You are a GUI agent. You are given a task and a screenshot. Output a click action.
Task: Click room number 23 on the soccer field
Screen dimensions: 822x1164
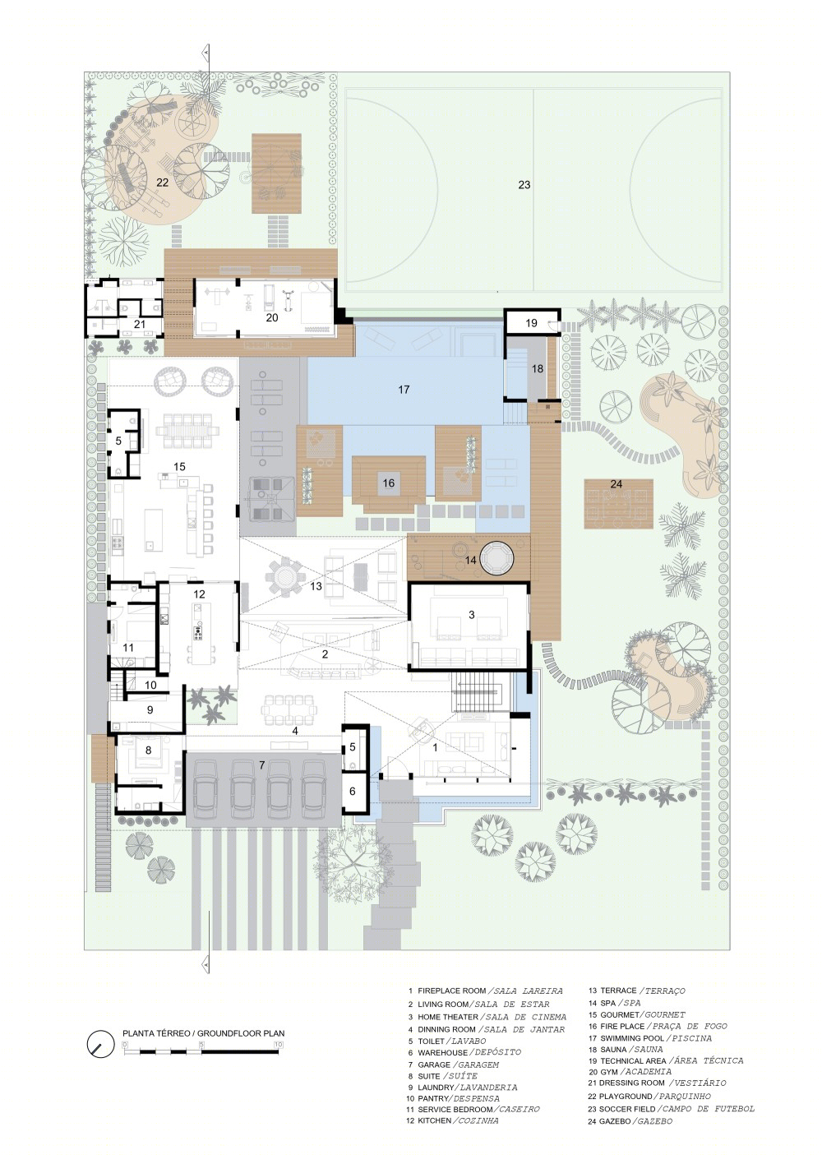pyautogui.click(x=524, y=184)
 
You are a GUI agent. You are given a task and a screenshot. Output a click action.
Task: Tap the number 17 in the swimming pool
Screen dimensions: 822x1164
pyautogui.click(x=404, y=389)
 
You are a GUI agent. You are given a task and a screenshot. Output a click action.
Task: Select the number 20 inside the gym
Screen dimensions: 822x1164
pyautogui.click(x=272, y=317)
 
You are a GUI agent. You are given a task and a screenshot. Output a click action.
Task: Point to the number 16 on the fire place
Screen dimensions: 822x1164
pyautogui.click(x=388, y=483)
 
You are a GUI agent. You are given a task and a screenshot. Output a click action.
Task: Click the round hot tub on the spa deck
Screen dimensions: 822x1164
pyautogui.click(x=496, y=557)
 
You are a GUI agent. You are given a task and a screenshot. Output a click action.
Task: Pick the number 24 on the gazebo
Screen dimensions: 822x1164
pyautogui.click(x=616, y=484)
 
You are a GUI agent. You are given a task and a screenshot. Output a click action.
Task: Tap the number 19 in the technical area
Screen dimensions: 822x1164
pyautogui.click(x=530, y=323)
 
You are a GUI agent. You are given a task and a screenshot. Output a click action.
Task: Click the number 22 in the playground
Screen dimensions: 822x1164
pyautogui.click(x=162, y=182)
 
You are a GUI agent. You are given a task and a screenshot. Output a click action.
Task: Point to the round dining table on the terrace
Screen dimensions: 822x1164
pyautogui.click(x=284, y=576)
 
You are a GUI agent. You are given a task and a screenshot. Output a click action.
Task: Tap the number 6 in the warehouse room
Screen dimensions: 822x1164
pyautogui.click(x=353, y=791)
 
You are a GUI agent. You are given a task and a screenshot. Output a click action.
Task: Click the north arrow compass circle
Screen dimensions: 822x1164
pyautogui.click(x=101, y=1041)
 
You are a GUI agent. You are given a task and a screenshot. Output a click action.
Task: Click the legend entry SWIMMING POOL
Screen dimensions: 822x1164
pyautogui.click(x=632, y=1038)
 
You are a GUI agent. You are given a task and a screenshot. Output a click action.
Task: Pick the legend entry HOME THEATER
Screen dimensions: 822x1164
pyautogui.click(x=447, y=1017)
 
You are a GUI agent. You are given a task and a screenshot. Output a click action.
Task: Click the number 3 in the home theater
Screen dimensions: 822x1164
pyautogui.click(x=471, y=615)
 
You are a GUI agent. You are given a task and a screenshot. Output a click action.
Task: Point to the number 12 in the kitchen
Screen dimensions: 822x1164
pyautogui.click(x=199, y=594)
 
